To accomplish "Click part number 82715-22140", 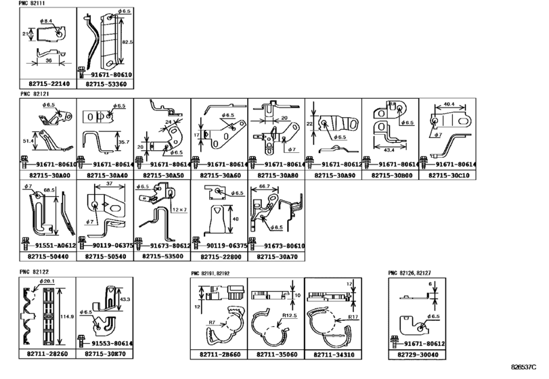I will pos(47,85).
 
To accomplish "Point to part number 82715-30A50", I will pos(161,175).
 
